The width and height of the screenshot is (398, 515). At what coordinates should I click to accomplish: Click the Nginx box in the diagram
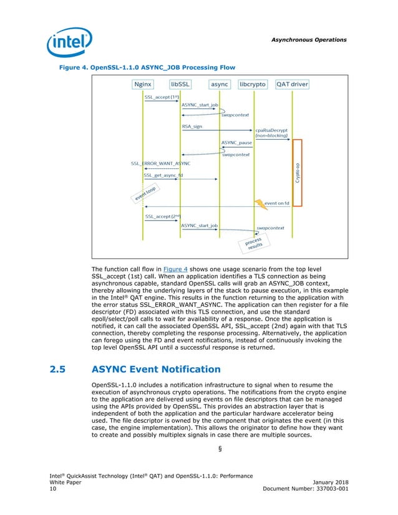[143, 84]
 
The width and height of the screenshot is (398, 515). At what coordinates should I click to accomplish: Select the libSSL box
[180, 84]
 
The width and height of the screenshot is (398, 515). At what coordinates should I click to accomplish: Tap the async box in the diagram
[219, 84]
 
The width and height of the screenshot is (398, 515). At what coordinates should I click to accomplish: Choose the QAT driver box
[292, 84]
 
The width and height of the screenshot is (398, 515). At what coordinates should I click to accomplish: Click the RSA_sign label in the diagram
[192, 127]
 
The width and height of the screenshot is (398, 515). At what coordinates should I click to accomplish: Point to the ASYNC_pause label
[236, 143]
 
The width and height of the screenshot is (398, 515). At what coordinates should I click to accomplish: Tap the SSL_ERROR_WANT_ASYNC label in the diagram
[160, 163]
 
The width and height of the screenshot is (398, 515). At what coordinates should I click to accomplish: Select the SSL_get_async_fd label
[163, 175]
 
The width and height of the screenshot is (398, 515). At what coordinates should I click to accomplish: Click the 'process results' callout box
[253, 243]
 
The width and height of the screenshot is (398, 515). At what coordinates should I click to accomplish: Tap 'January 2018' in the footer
[329, 483]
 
